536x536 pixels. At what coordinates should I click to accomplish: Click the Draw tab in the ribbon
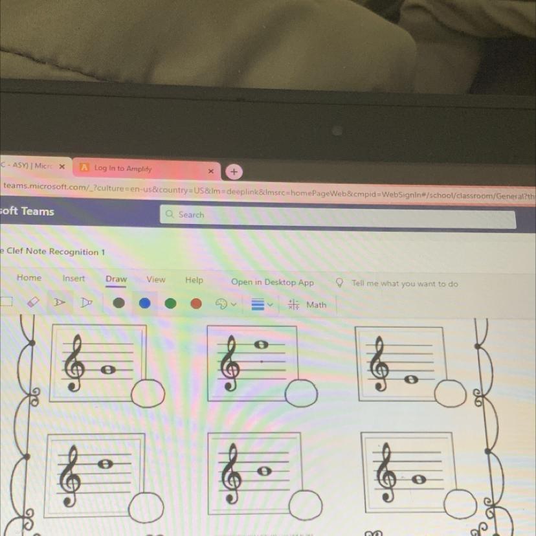[117, 279]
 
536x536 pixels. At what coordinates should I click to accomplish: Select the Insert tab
[74, 278]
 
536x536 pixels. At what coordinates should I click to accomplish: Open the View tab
[155, 280]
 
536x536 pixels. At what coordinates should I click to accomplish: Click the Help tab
[194, 280]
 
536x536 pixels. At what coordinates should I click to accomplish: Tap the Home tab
[29, 278]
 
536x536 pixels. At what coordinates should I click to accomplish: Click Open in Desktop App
[272, 282]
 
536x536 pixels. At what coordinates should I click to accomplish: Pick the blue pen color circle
[144, 303]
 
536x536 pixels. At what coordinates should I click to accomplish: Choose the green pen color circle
[170, 304]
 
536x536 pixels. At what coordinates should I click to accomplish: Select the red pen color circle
[196, 304]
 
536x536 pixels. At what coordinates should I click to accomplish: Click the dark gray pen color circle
[118, 302]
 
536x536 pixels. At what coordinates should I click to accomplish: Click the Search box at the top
[337, 216]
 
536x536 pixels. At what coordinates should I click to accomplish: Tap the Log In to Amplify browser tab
[123, 168]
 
